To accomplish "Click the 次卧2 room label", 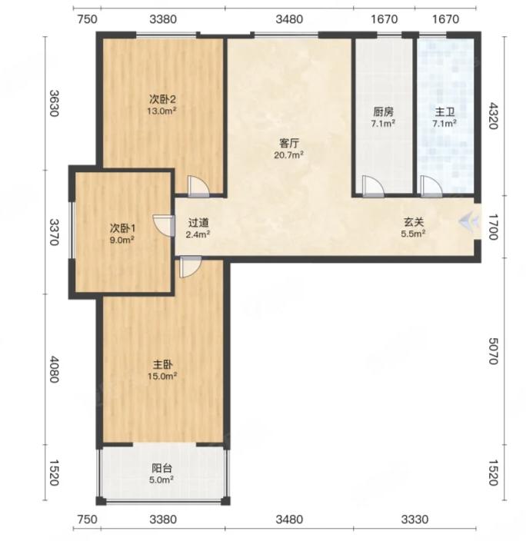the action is (x=162, y=100).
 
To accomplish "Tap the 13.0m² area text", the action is (x=162, y=111).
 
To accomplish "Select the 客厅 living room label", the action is (x=289, y=143).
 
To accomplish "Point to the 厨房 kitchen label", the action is (x=383, y=111).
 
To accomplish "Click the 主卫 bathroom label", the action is (x=444, y=111).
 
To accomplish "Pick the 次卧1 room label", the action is (x=122, y=228).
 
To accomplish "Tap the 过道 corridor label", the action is (x=198, y=223).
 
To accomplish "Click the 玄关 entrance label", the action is (x=414, y=222).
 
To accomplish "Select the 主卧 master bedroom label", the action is (x=162, y=364).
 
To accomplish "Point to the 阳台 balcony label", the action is (x=161, y=468).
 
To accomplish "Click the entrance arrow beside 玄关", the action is (x=468, y=221).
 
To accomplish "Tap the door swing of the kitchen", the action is (x=373, y=186).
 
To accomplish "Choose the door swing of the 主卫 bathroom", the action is (x=431, y=186).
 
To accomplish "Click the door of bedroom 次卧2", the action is (x=198, y=186).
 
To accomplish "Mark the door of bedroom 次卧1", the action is (x=164, y=226).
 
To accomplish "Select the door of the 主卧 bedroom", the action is (x=190, y=267).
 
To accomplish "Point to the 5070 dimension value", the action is (x=493, y=351).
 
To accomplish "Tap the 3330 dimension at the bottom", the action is (x=414, y=519).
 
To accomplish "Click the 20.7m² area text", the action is (x=289, y=155).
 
